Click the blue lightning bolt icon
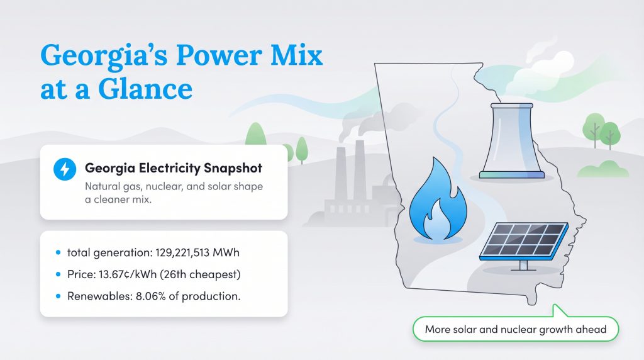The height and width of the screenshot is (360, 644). [x=64, y=169]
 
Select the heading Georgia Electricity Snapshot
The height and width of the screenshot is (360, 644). [x=174, y=169]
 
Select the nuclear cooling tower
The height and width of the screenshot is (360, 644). [x=511, y=141]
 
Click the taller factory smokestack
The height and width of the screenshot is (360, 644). [x=360, y=170]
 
